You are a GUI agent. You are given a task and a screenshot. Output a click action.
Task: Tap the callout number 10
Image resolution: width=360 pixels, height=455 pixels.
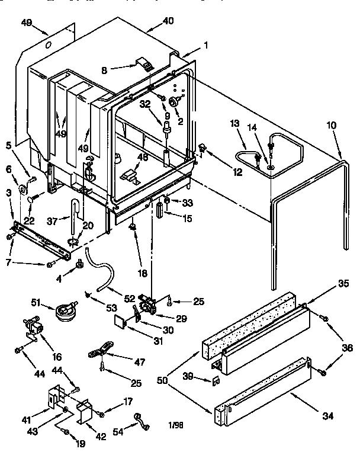(x=332, y=126)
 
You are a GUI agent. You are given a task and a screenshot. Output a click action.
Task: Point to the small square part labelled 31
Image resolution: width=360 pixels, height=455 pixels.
(x=121, y=321)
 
